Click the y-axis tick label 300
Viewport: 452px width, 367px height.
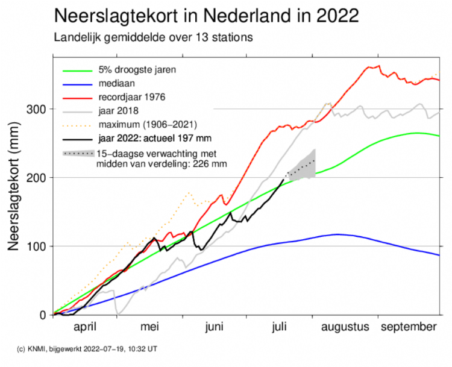click(37, 109)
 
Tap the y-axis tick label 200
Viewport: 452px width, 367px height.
click(37, 178)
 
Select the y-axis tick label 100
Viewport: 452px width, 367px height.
click(37, 246)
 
